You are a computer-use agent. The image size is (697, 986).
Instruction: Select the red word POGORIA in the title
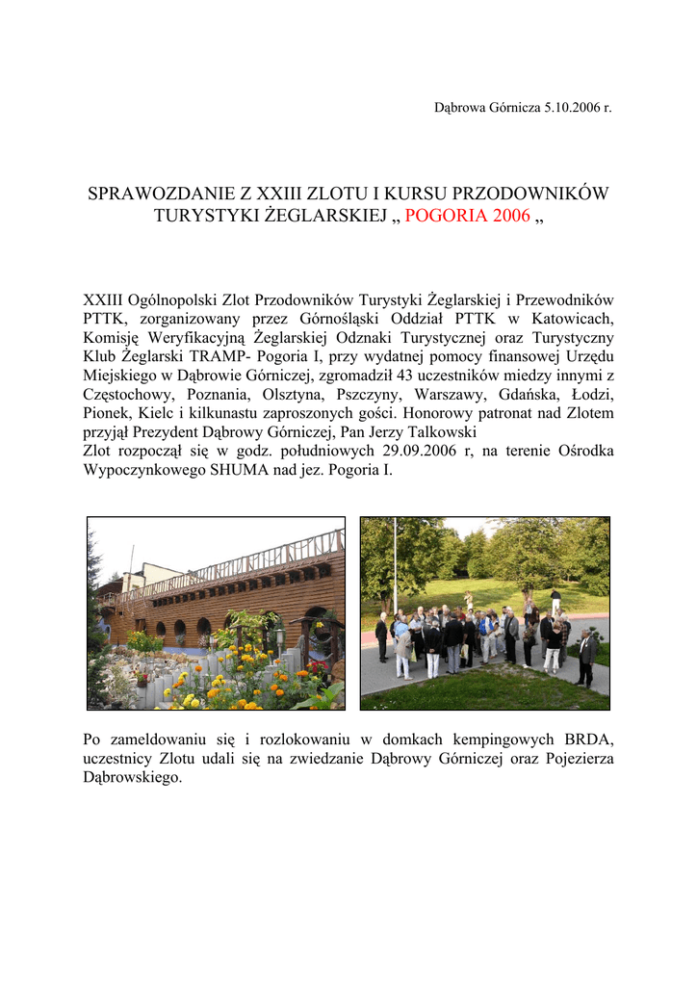pyautogui.click(x=446, y=216)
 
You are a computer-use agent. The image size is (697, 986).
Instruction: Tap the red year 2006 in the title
pyautogui.click(x=510, y=216)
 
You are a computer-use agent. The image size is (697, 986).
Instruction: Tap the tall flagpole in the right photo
pyautogui.click(x=394, y=568)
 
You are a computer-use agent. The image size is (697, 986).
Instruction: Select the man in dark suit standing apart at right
pyautogui.click(x=585, y=658)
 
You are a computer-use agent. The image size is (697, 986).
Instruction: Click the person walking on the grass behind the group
pyautogui.click(x=555, y=601)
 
